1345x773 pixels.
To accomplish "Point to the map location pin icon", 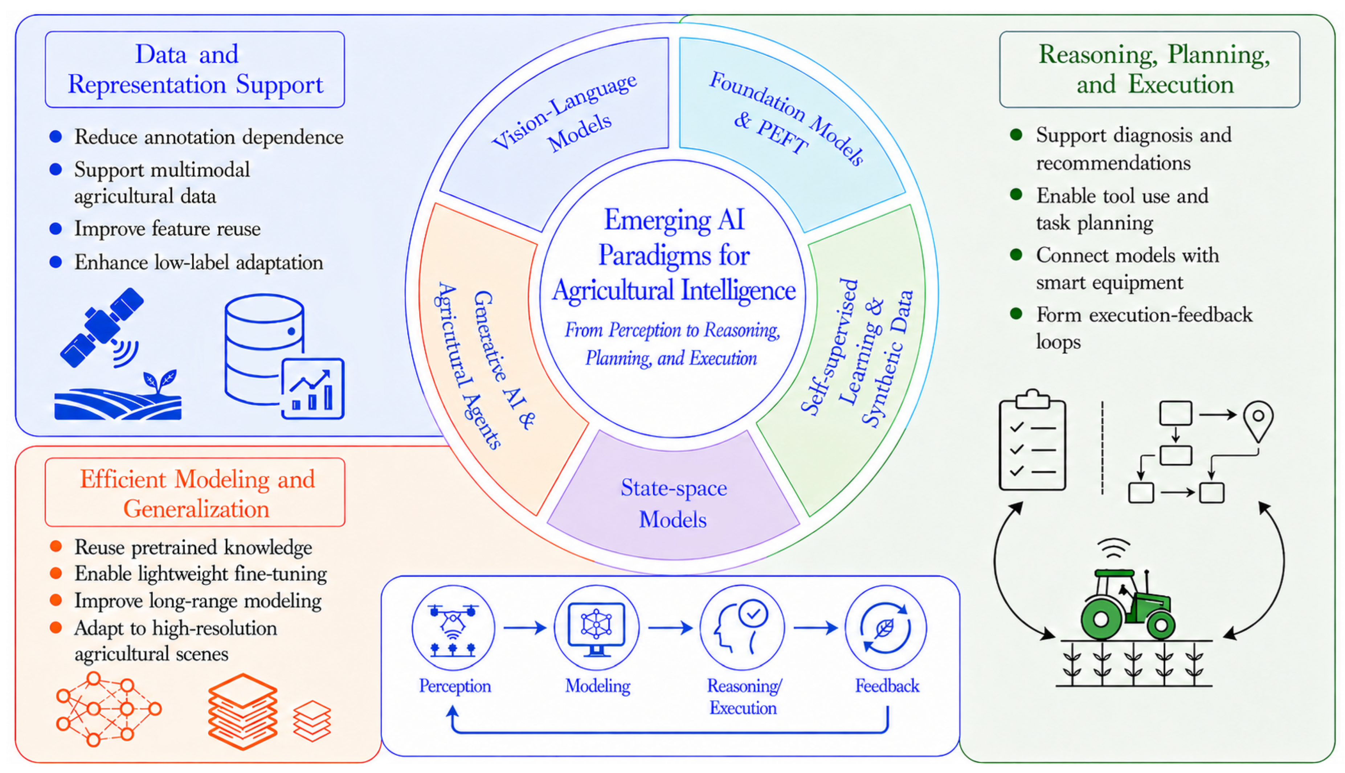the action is (1258, 422).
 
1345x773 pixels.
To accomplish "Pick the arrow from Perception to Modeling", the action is (525, 628).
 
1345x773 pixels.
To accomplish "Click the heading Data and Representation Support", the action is (195, 69).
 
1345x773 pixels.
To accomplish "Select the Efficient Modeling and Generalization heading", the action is (197, 494).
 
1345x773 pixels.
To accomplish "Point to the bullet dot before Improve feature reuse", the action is (56, 229).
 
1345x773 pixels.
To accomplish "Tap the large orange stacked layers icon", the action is (242, 711).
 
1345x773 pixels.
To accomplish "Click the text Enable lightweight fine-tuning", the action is (201, 574).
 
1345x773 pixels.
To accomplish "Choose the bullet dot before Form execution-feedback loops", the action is (1016, 314).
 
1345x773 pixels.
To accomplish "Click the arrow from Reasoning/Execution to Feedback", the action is (815, 628).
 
